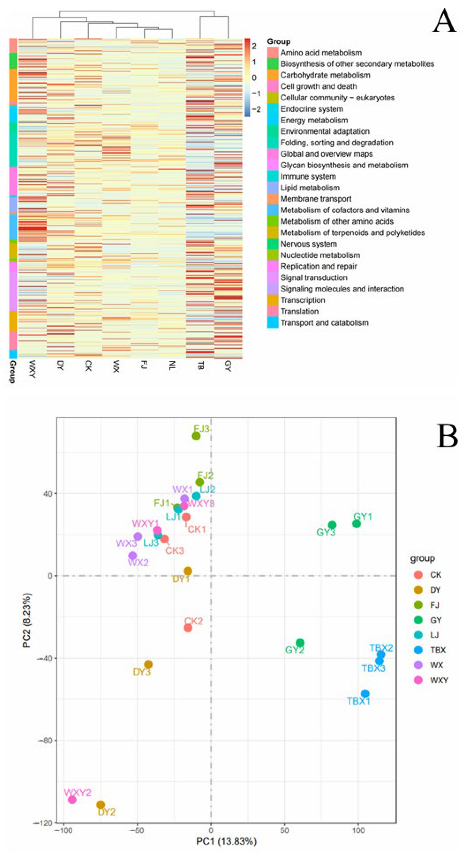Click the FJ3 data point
196,436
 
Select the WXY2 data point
72,800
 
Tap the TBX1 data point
365,694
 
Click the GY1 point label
363,517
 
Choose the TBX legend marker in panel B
418,650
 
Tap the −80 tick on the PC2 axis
45,740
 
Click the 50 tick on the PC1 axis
284,830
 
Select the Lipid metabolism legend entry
310,188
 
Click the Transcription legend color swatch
273,300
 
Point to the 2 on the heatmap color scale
254,46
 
